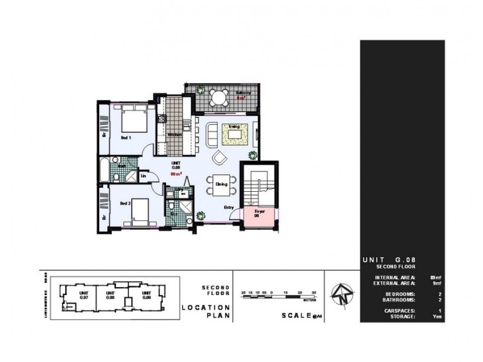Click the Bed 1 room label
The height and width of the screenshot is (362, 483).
pos(126,138)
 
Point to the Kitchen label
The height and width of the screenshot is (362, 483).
pos(174,134)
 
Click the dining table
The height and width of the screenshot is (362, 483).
pos(217,185)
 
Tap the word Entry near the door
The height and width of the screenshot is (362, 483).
pos(229,208)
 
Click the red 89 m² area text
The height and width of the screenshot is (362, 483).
pos(176,174)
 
